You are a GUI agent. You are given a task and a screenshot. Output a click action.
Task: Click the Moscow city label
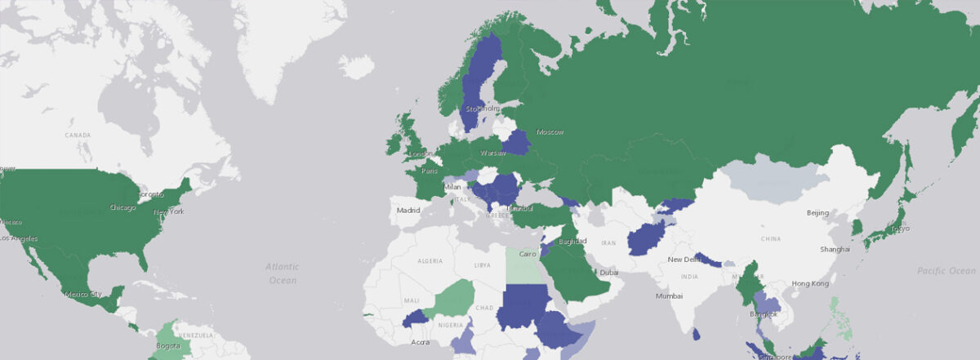point(550,132)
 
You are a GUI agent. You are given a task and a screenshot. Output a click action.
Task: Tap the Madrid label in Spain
point(408,210)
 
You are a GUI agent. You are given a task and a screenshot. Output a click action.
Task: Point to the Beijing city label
point(817,213)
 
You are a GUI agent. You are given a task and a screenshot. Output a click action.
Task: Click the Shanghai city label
point(835,249)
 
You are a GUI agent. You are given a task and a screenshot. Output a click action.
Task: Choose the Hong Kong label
point(809,283)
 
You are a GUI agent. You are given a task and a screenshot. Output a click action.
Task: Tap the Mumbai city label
point(669,296)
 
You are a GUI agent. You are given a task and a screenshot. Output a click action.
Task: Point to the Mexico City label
point(83,294)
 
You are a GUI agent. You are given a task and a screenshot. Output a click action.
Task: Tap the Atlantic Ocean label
point(283,273)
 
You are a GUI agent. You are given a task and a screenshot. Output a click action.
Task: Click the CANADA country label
point(78,135)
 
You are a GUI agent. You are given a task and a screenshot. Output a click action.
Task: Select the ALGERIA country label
point(430,260)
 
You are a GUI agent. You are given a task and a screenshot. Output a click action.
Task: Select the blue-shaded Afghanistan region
point(647,240)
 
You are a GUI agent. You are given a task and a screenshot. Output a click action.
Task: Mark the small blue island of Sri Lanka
point(695,334)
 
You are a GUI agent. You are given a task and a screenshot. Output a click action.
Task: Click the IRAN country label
point(608,242)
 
